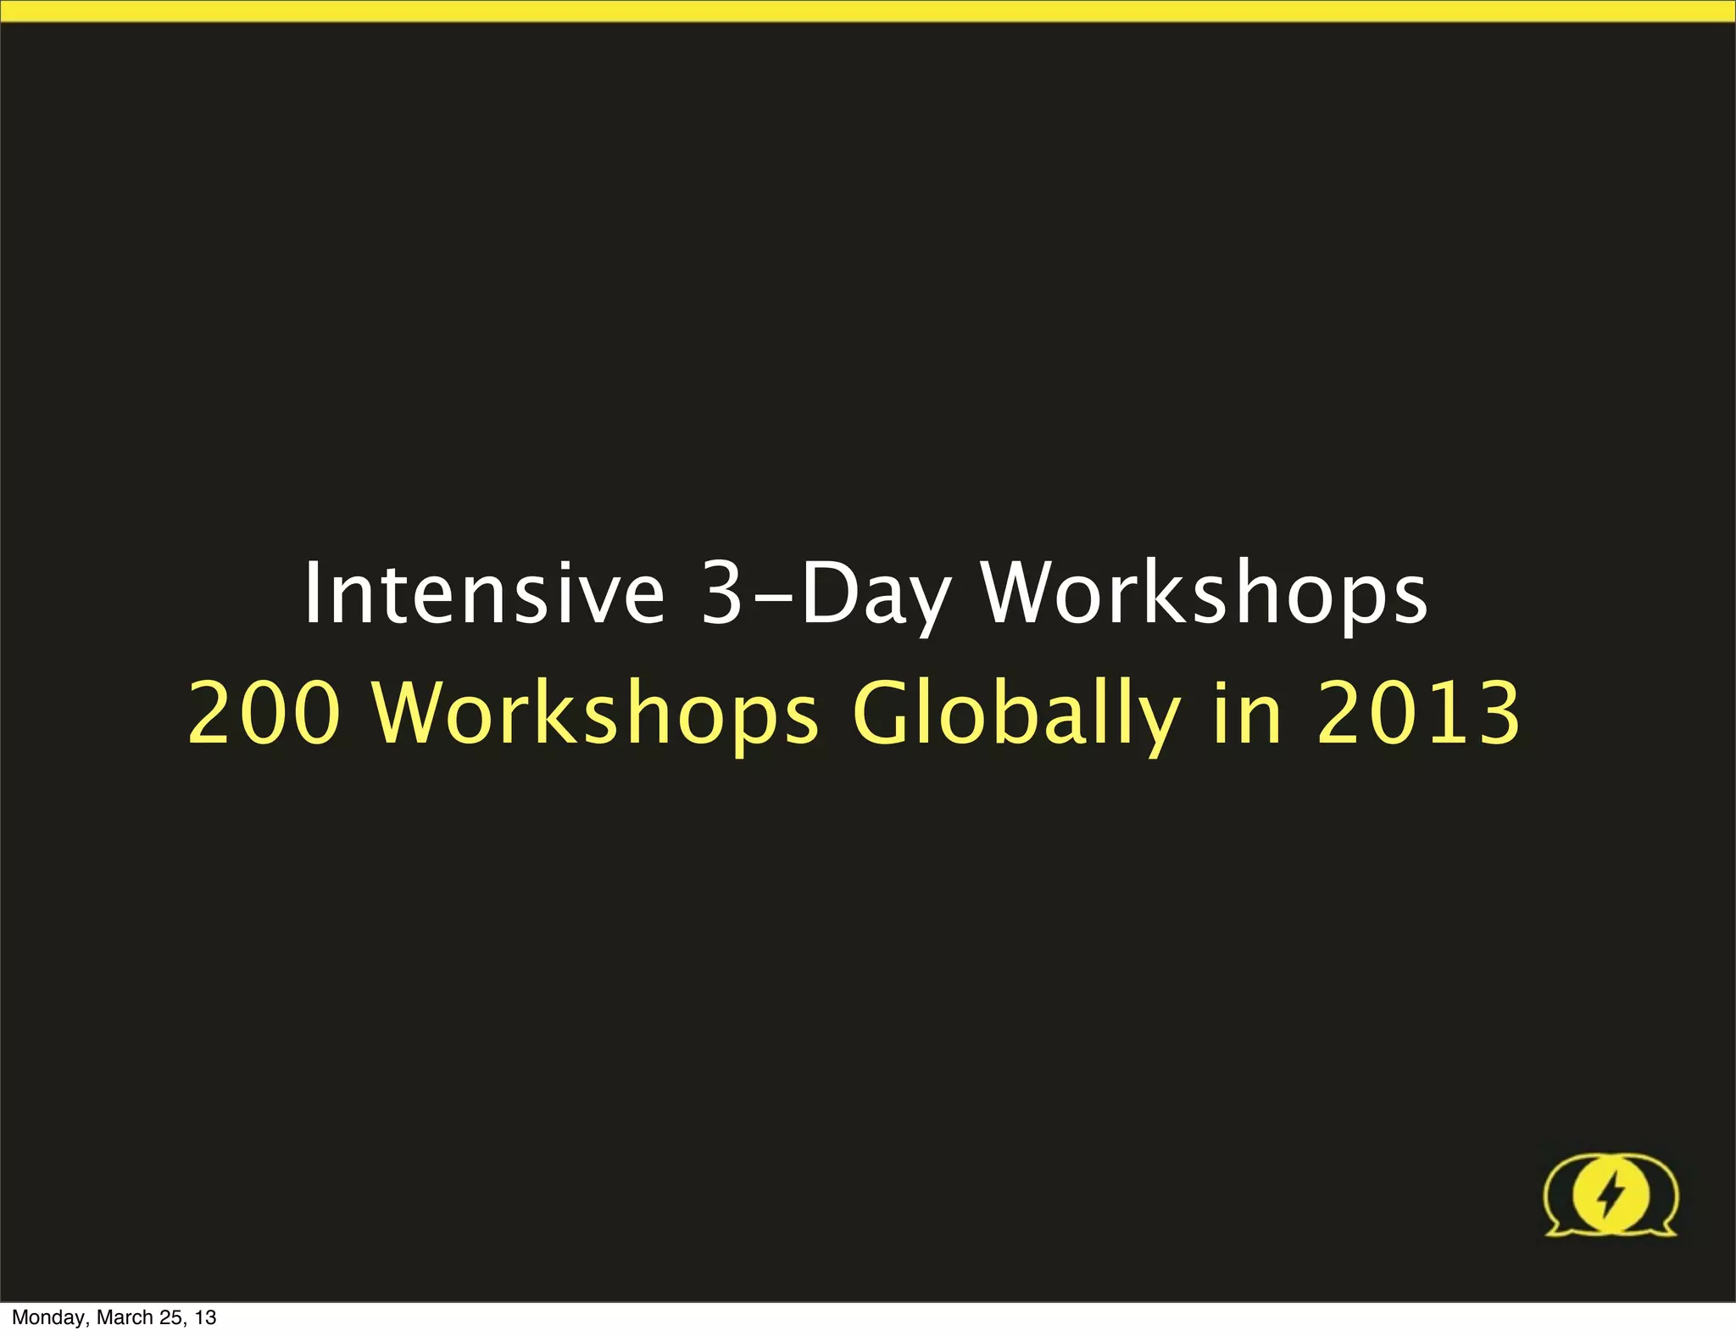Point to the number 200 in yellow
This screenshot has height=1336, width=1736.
[x=264, y=713]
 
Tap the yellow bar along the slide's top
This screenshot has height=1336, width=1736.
[x=868, y=10]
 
